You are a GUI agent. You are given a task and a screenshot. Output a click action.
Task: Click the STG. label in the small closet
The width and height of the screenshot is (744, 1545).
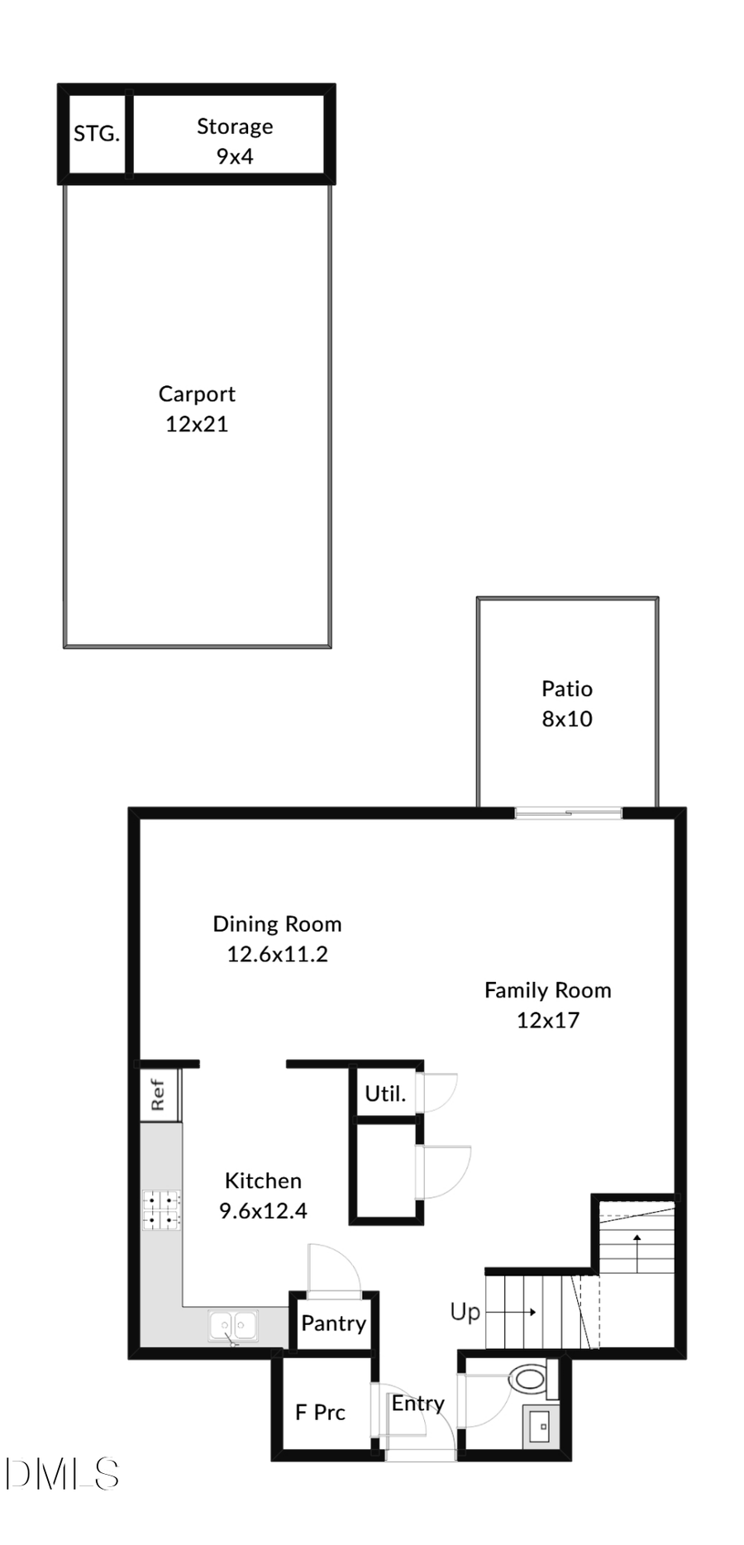pyautogui.click(x=97, y=134)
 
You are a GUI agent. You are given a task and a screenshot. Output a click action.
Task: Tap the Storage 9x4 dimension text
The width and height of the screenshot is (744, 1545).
pyautogui.click(x=235, y=156)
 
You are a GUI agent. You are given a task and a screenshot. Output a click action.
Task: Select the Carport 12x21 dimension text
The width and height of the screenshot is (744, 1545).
pyautogui.click(x=197, y=424)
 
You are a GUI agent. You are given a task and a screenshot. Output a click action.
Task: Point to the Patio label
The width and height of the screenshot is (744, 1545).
pyautogui.click(x=566, y=689)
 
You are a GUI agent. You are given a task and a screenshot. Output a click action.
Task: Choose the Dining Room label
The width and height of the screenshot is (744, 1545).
pyautogui.click(x=277, y=924)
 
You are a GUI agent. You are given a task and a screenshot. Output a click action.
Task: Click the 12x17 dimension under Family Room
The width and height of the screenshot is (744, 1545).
pyautogui.click(x=547, y=1020)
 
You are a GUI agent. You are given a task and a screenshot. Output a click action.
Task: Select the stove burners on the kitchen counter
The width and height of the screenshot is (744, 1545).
pyautogui.click(x=161, y=1209)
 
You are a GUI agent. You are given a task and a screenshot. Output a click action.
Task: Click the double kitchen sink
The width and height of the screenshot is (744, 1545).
pyautogui.click(x=232, y=1326)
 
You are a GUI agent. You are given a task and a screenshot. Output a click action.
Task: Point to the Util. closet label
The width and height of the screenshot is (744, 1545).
pyautogui.click(x=385, y=1094)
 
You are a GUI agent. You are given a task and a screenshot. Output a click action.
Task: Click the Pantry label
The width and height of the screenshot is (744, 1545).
pyautogui.click(x=333, y=1323)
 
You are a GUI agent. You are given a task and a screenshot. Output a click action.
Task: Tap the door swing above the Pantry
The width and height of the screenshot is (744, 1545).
pyautogui.click(x=333, y=1270)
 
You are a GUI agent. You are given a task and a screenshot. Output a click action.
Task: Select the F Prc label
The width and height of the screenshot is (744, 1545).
pyautogui.click(x=320, y=1413)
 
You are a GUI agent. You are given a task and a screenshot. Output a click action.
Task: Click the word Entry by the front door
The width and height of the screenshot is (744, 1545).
pyautogui.click(x=417, y=1403)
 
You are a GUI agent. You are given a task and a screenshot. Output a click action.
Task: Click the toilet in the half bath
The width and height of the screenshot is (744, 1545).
pyautogui.click(x=527, y=1378)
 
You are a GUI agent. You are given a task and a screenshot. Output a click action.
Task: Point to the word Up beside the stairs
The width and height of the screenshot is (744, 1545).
pyautogui.click(x=465, y=1312)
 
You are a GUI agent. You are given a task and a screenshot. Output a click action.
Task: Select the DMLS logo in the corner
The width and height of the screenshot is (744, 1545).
pyautogui.click(x=62, y=1474)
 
